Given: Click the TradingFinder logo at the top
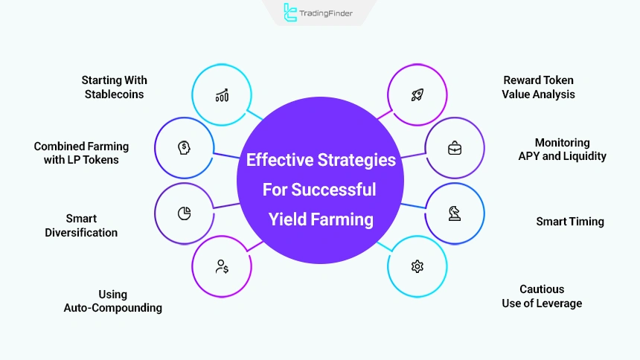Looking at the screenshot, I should [319, 13].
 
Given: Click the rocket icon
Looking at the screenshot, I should [417, 94].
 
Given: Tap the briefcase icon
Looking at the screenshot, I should [454, 147].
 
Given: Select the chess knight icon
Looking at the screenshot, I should [454, 213].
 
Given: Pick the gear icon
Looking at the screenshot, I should [417, 266].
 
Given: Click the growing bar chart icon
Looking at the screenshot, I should [222, 95].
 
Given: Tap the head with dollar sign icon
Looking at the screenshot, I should [184, 147].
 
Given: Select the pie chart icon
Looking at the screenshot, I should [184, 213].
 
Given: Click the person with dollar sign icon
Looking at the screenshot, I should [222, 266].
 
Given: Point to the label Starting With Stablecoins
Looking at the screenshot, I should [115, 87].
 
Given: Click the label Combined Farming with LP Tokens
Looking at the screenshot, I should [81, 153].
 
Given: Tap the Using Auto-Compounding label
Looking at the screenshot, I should [113, 301].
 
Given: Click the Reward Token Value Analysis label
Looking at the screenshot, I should [539, 87].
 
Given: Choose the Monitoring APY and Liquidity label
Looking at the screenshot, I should [563, 150].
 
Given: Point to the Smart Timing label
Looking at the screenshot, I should [570, 222].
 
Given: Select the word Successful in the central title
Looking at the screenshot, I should [339, 190].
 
